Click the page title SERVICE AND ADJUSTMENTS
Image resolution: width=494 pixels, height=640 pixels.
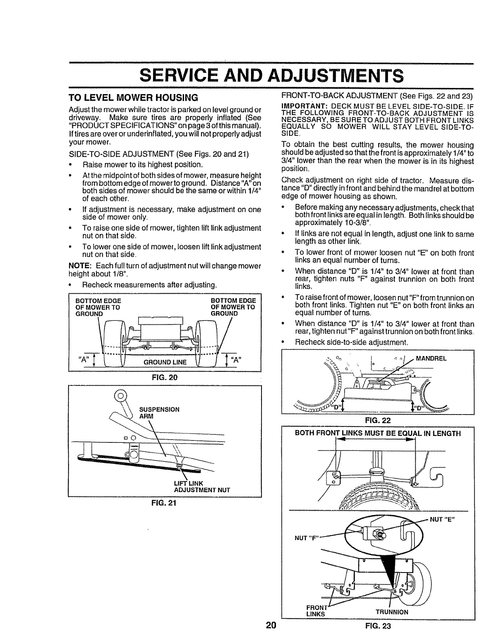247,76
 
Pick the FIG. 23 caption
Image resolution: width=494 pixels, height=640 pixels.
378,634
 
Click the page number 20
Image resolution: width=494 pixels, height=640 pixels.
270,633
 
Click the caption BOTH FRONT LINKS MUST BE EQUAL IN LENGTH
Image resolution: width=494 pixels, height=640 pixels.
378,434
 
